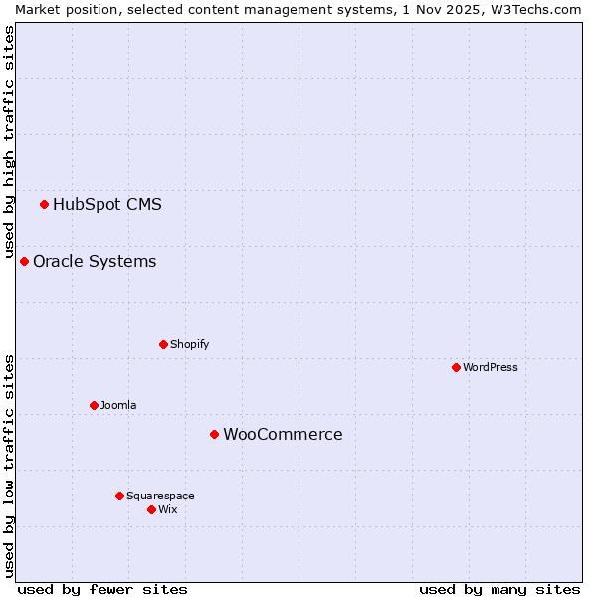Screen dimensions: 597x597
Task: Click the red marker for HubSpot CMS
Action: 44,205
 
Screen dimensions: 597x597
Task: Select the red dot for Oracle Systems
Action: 24,262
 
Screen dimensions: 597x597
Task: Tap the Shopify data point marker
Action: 163,345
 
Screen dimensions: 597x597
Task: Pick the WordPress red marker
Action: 456,368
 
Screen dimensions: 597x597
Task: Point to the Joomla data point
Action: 94,406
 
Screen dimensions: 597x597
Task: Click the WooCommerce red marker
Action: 214,435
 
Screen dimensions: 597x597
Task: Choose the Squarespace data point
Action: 119,497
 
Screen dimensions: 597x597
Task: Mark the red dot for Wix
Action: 151,510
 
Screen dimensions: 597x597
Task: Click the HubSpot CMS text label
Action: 107,205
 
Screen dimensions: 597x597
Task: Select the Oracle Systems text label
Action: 95,262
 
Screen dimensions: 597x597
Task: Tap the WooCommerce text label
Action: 283,435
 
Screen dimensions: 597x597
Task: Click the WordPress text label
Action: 491,368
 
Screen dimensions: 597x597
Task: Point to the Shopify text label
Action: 189,345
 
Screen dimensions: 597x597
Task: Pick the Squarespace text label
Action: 160,497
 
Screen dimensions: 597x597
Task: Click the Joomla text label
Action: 118,406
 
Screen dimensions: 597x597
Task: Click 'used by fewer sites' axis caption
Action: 102,590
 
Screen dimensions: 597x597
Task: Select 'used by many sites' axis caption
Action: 499,590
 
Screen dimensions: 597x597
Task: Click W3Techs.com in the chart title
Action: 536,9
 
